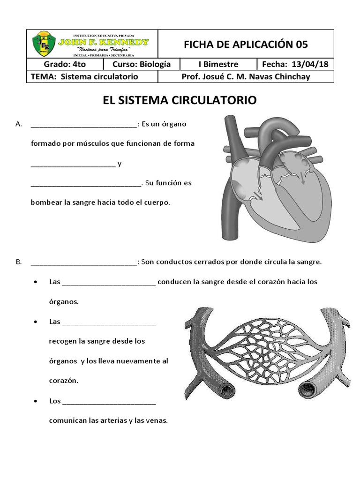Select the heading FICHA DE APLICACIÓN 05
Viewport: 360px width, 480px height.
click(246, 45)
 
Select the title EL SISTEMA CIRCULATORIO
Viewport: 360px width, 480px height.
click(180, 100)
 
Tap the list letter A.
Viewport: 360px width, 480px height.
click(19, 124)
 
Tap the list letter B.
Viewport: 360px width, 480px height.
click(19, 262)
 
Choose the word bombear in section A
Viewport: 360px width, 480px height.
click(45, 202)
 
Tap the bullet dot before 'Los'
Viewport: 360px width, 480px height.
click(36, 402)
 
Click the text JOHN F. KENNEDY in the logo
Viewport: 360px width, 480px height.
click(104, 42)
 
